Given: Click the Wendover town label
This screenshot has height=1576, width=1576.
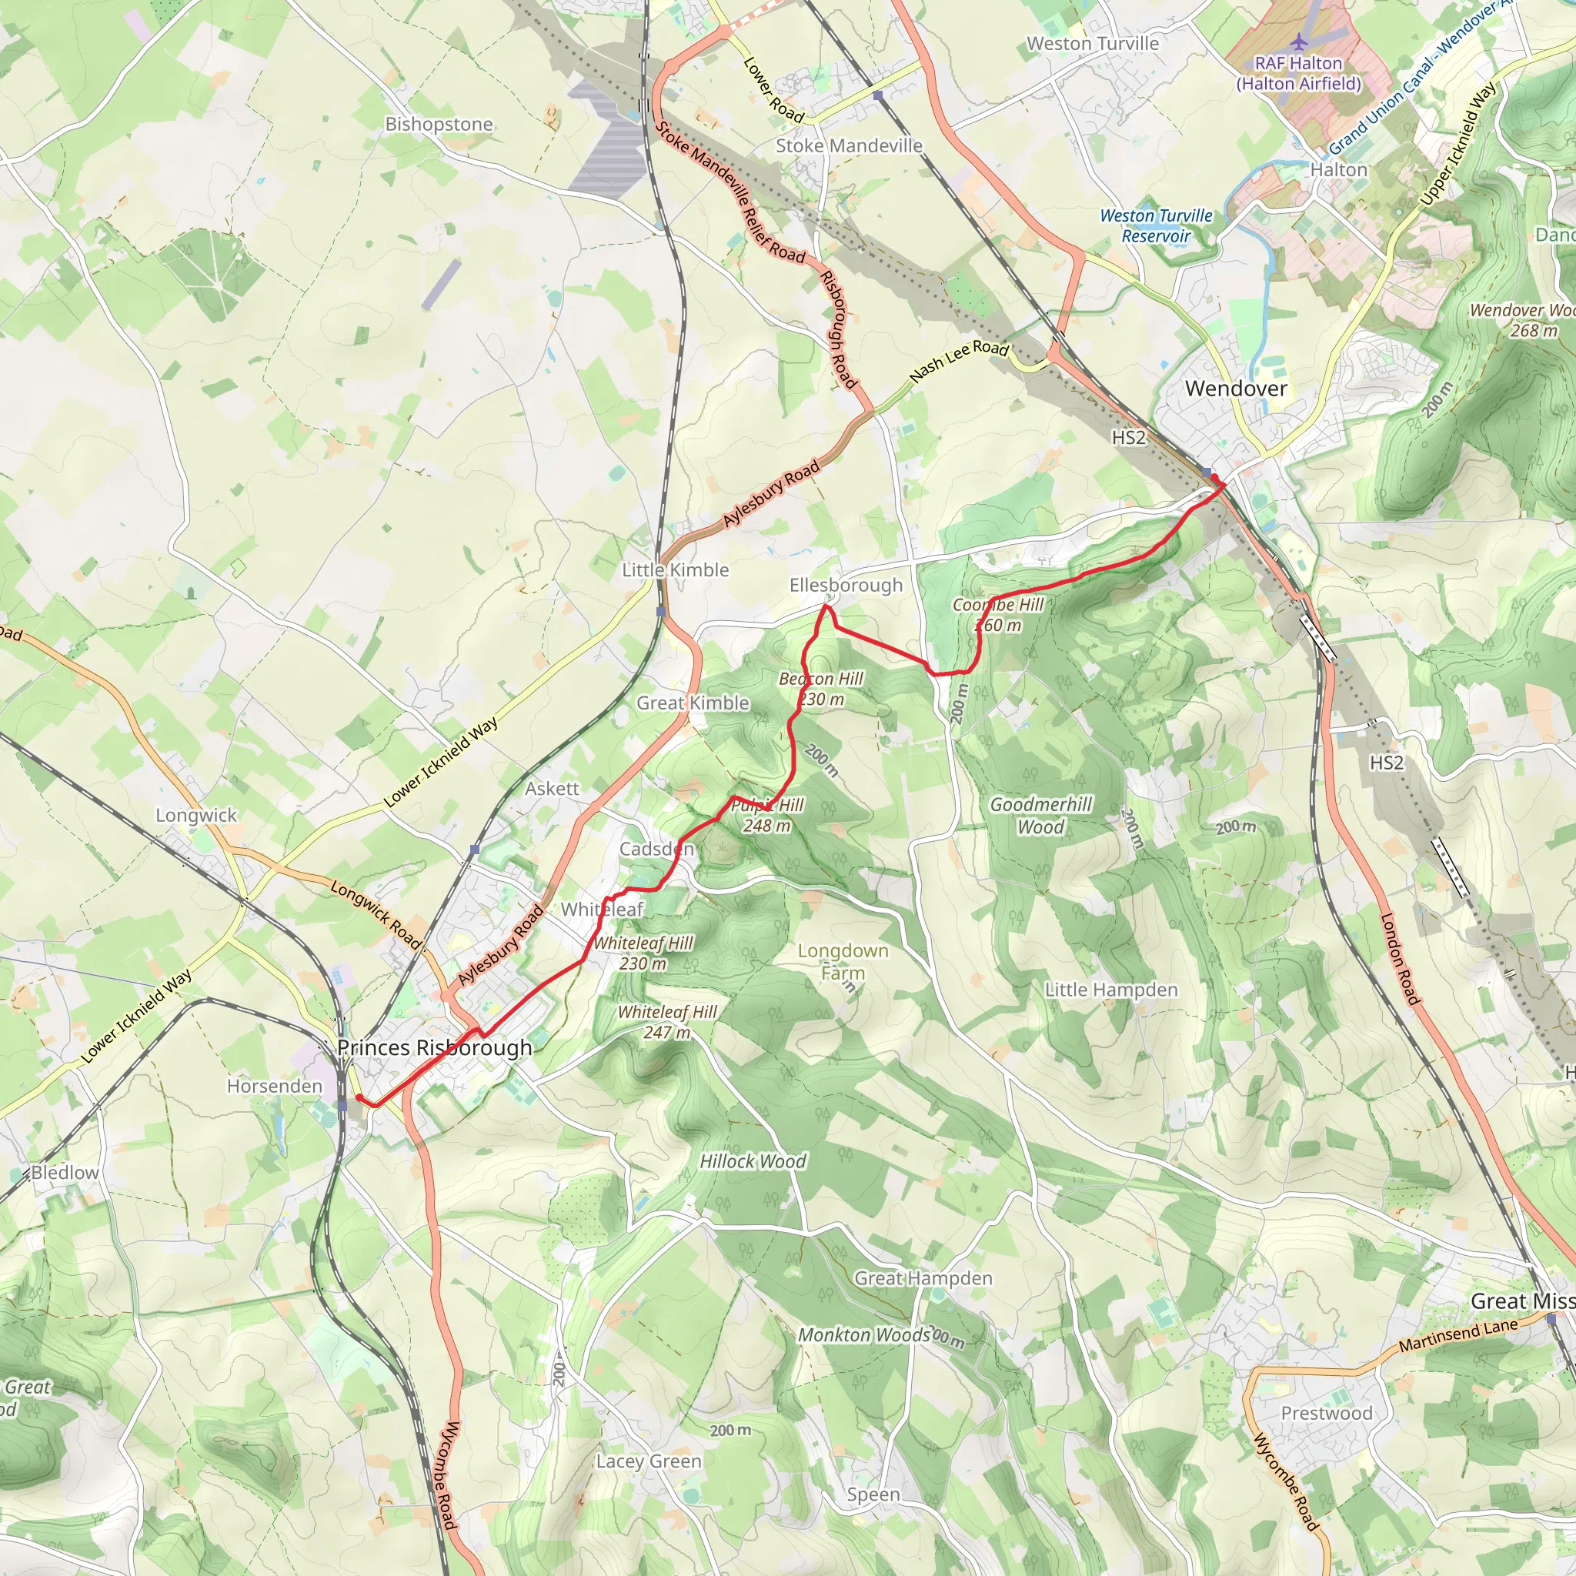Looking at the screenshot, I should point(1236,389).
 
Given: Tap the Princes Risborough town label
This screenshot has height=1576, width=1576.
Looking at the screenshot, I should point(434,1047).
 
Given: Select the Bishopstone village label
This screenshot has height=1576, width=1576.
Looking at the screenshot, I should point(439,124).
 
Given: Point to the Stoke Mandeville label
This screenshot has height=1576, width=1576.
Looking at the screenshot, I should point(848,145).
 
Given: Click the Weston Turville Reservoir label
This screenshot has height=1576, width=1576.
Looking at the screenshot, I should point(1156,226).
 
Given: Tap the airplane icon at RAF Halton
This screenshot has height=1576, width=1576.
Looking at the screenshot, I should point(1299,41).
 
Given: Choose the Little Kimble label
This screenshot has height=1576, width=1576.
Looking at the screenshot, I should point(676,569).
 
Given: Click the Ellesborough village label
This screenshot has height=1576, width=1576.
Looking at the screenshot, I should point(846,585).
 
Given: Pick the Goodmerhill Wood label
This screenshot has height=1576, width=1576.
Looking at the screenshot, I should point(1041,816).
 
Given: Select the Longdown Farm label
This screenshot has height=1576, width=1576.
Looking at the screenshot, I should point(843,962).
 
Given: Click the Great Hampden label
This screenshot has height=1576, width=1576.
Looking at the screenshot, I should point(923,1278).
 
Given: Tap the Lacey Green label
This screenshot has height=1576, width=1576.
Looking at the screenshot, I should point(649,1461).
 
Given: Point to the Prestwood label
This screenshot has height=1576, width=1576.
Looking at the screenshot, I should point(1327,1413).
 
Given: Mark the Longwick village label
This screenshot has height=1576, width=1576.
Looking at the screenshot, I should point(195,815).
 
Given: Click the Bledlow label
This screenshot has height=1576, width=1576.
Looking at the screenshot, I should point(65,1172).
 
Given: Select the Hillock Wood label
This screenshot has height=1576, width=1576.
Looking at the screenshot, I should point(753,1160).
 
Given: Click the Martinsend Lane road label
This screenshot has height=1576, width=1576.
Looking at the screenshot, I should point(1457,1335).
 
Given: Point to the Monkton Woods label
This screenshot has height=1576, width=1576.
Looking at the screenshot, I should point(864,1335).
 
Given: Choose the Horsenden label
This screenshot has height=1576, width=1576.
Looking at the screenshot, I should point(275,1086).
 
